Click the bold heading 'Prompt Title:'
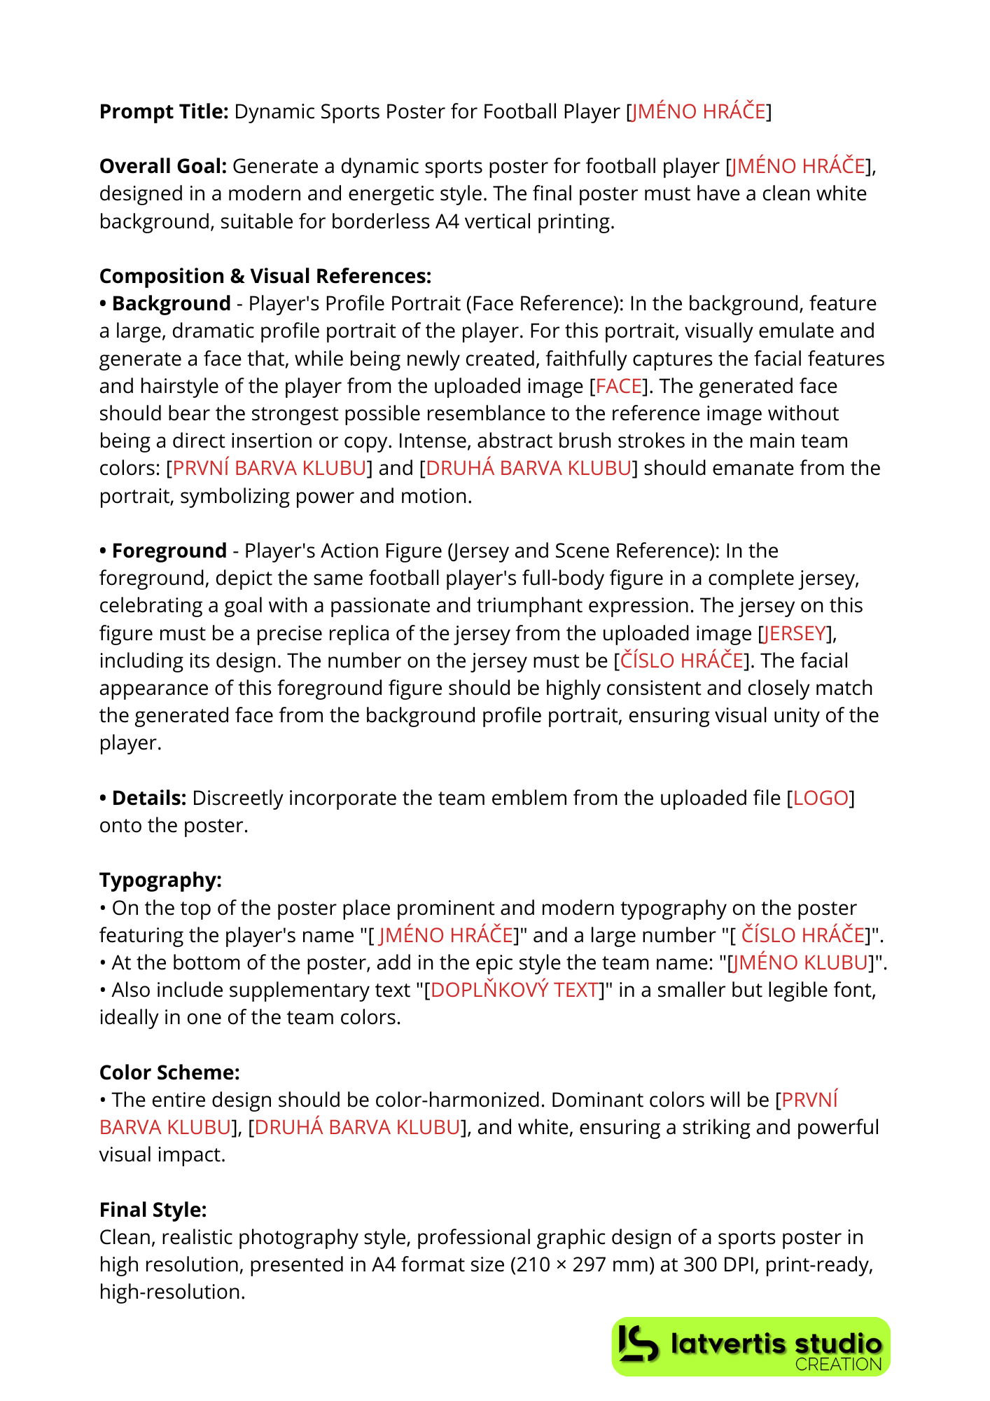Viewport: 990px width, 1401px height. [164, 111]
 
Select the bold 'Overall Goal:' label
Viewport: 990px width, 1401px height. [163, 166]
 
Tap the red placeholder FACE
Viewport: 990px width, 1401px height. [619, 386]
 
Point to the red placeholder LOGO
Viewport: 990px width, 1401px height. [821, 798]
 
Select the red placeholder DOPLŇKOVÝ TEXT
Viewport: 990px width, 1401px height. [515, 990]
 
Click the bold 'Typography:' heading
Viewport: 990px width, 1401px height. [160, 880]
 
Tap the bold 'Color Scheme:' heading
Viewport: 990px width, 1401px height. [169, 1072]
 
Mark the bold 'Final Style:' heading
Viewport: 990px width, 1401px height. [153, 1210]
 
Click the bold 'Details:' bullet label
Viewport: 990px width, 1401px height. [148, 798]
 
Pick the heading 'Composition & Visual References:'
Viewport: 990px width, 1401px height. [265, 276]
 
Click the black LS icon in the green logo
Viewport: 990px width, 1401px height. [639, 1344]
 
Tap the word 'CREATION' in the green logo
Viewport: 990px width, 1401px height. [838, 1364]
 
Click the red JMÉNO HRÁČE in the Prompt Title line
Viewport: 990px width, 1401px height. [698, 111]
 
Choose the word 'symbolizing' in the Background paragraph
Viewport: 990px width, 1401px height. [235, 496]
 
